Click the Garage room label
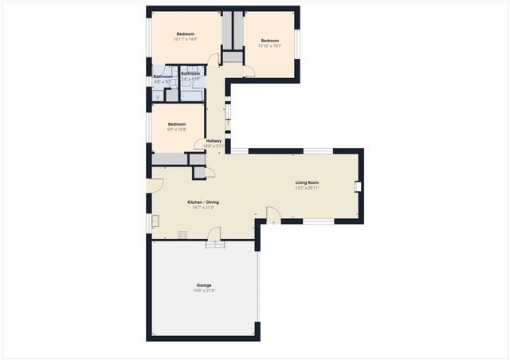pos(204,284)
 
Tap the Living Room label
pos(307,182)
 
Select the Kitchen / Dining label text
pos(203,202)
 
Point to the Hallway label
pos(213,141)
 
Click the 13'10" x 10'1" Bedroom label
pos(269,41)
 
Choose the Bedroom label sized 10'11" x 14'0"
pos(185,33)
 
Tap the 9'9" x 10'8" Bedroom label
pos(177,124)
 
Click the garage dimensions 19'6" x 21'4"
pos(204,291)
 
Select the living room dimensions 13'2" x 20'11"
pos(307,188)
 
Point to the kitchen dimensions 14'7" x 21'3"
pos(203,208)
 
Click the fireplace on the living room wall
pos(359,187)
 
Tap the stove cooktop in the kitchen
pos(182,234)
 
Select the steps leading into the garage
pos(216,245)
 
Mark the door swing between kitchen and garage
pos(214,233)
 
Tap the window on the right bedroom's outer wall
pos(298,46)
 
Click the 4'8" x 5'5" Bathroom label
pos(163,78)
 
